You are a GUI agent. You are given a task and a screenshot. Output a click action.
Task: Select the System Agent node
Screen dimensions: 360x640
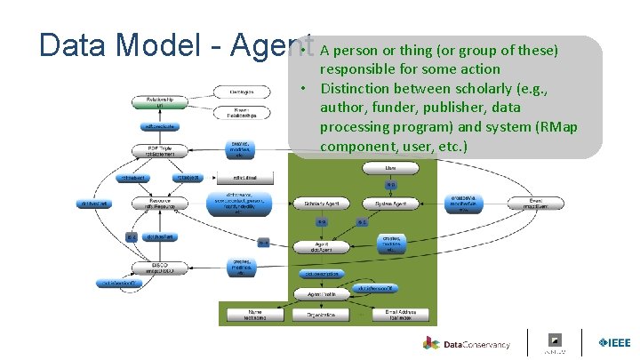pyautogui.click(x=391, y=204)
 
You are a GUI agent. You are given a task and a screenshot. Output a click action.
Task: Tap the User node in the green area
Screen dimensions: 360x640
pyautogui.click(x=390, y=167)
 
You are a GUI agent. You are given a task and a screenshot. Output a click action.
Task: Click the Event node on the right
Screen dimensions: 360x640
pyautogui.click(x=535, y=204)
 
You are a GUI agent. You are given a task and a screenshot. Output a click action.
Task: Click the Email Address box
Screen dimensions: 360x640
pyautogui.click(x=399, y=315)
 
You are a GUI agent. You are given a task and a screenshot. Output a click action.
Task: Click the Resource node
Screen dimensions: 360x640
pyautogui.click(x=156, y=204)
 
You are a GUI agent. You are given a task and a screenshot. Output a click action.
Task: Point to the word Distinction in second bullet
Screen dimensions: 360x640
pyautogui.click(x=355, y=88)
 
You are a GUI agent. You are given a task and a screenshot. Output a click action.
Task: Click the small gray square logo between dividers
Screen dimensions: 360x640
pyautogui.click(x=555, y=340)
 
